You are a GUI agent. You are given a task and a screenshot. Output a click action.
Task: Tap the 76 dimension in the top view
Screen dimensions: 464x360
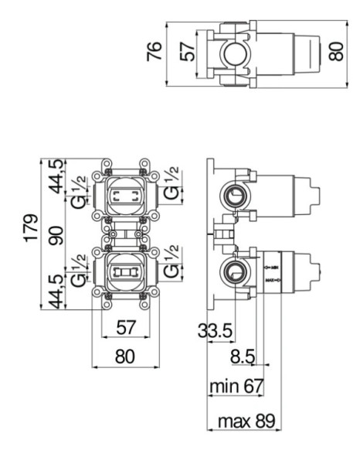155,52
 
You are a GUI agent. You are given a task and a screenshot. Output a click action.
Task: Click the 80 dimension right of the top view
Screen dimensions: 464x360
336,52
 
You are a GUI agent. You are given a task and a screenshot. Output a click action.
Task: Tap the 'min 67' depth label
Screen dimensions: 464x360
236,385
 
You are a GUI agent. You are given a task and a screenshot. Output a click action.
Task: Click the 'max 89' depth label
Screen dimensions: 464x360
244,423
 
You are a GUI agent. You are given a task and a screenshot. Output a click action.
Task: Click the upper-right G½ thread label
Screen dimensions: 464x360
171,183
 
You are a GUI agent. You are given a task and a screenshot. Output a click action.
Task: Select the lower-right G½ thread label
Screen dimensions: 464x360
171,264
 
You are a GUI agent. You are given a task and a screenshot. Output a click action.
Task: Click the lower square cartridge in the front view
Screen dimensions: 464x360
125,272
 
